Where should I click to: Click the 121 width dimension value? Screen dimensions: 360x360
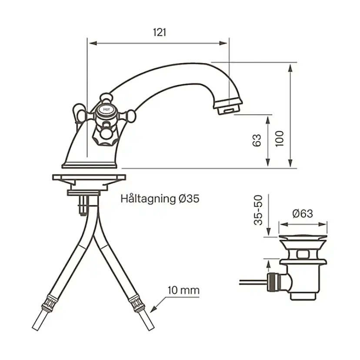coord(160,33)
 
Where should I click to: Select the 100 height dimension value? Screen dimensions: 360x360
coord(280,138)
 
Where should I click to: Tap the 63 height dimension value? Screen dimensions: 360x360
coord(257,140)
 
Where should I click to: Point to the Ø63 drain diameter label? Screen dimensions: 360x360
coord(302,213)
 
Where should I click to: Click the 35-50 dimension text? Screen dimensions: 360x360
coord(258,210)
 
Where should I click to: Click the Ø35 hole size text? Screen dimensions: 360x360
coord(189,199)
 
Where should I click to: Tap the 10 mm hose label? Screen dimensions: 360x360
coord(183,290)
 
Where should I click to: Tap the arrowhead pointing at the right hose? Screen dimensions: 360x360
coord(153,310)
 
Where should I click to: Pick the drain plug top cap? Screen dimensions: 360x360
coord(303,237)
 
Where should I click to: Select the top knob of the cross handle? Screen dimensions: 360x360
coord(104,97)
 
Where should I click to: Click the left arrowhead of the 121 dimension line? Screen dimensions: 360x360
coord(91,43)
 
